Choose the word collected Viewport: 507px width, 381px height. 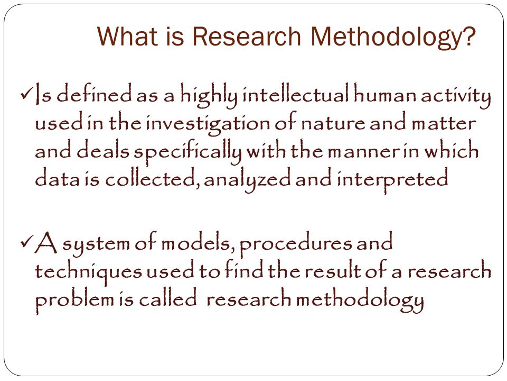(150, 179)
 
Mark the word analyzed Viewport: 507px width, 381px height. (247, 180)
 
